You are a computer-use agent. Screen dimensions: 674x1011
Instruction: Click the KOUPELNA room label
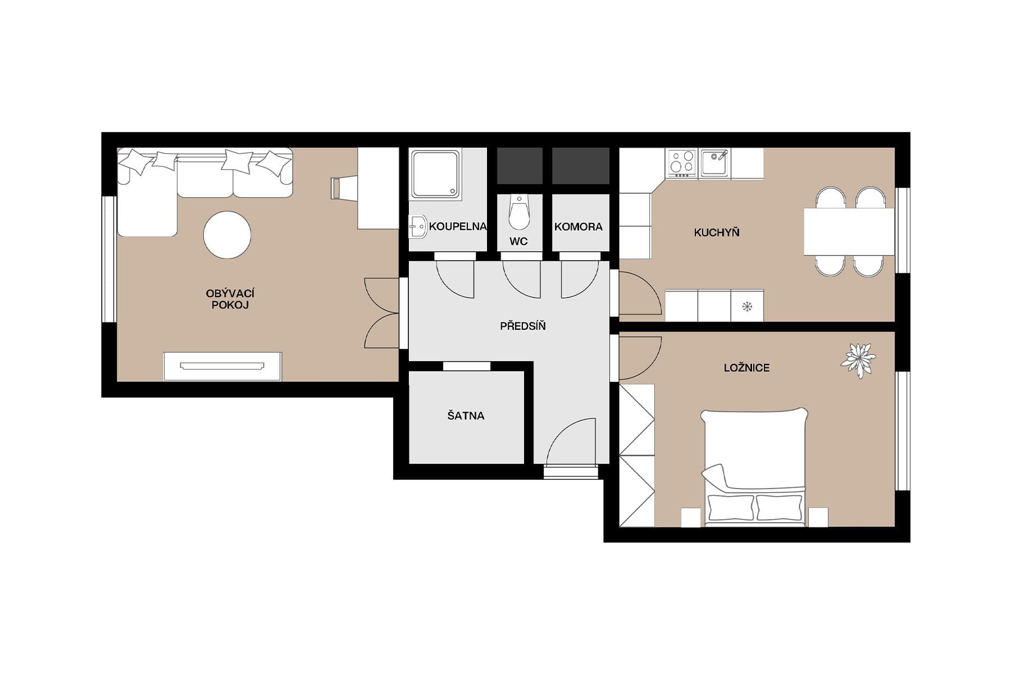pos(457,227)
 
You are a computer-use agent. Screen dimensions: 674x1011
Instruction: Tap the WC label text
pos(518,242)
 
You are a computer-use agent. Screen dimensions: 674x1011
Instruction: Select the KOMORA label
pos(578,227)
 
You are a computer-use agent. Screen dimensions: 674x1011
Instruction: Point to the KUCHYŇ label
pos(716,233)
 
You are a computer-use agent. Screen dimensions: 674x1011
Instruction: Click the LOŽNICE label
pos(746,368)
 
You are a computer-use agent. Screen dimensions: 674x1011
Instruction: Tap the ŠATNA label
pos(466,416)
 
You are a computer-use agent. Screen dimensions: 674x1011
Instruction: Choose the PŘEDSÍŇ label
pos(522,326)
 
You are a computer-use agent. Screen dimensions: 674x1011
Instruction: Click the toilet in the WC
pos(519,212)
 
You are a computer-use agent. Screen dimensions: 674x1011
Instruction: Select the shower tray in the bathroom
pos(435,174)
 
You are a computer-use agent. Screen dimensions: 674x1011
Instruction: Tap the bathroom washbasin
pos(418,227)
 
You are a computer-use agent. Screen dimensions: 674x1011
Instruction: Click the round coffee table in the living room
pos(227,235)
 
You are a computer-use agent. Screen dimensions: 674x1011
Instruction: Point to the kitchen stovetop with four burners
pos(681,163)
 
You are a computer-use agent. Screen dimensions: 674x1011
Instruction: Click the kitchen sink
pos(714,163)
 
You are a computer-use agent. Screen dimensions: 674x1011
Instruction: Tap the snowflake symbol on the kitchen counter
pos(747,307)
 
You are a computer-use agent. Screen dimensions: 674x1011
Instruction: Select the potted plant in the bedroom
pos(858,359)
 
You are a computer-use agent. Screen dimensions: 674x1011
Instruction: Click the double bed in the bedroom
pos(754,466)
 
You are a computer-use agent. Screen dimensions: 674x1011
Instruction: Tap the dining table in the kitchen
pos(848,231)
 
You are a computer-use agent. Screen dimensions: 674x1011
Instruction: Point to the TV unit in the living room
pos(222,366)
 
